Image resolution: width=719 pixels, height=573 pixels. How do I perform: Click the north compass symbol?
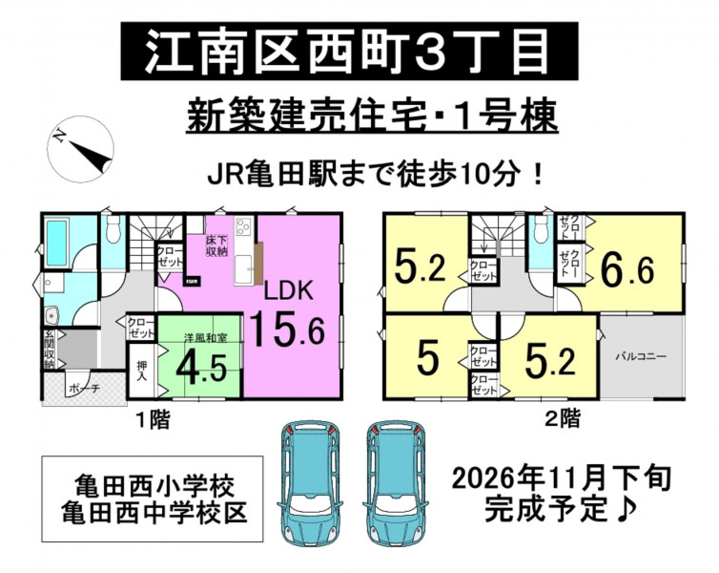(80, 149)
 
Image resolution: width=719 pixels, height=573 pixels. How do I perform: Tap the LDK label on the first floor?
(288, 290)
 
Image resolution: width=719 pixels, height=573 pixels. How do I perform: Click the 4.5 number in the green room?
(201, 368)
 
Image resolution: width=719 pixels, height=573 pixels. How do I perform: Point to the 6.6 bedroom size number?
(627, 271)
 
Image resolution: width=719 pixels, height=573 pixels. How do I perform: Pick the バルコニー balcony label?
(641, 356)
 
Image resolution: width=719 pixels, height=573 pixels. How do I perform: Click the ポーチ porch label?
(84, 389)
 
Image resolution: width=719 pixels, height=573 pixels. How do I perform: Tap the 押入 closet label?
(142, 371)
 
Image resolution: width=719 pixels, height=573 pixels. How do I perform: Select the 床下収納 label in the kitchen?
(216, 245)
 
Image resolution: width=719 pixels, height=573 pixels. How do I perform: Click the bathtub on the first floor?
(57, 242)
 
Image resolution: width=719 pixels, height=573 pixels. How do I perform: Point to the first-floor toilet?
(113, 229)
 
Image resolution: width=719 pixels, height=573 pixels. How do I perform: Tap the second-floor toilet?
(541, 228)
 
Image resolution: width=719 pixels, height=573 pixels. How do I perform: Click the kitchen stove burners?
(242, 227)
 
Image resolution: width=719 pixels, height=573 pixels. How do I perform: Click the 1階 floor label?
(154, 418)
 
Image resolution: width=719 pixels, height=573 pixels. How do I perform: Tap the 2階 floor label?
(563, 418)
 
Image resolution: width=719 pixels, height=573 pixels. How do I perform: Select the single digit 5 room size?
(428, 358)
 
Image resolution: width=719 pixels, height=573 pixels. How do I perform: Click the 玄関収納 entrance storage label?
(49, 350)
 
